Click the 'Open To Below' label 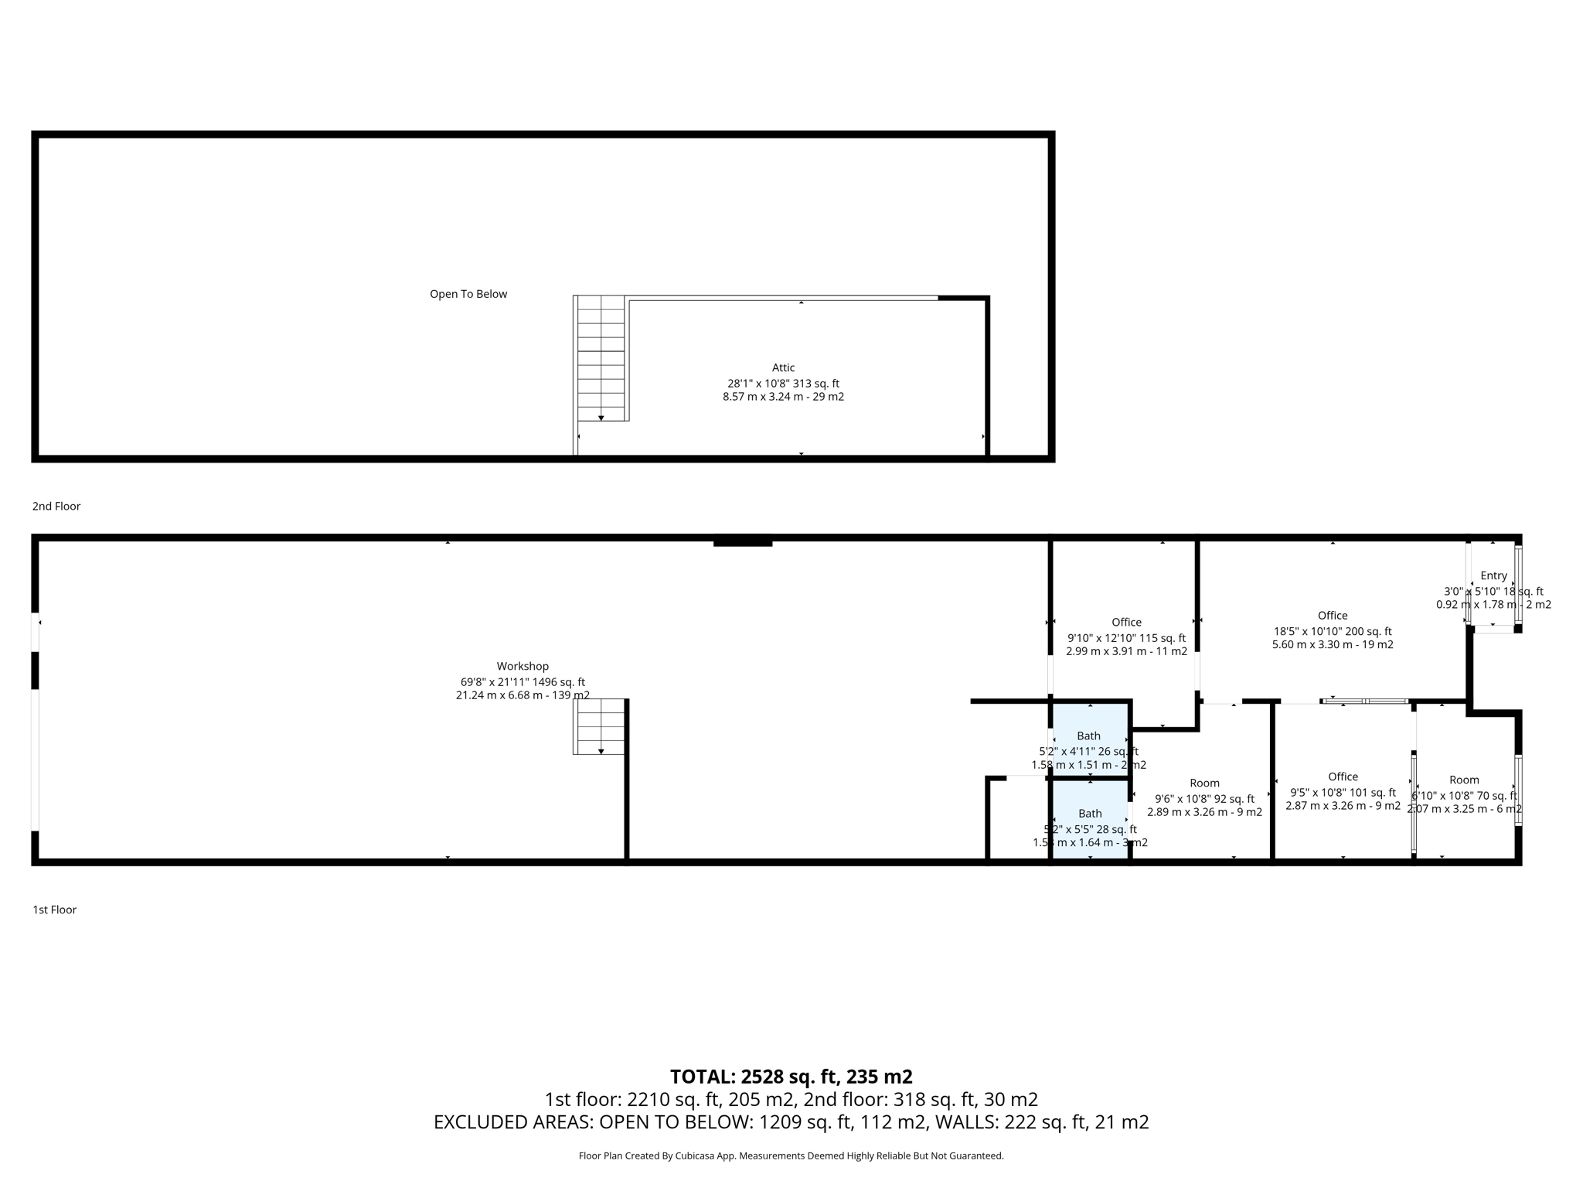coord(468,294)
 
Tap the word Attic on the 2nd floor coord(783,367)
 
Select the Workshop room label coord(523,666)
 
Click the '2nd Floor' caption coord(56,506)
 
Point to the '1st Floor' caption coord(55,910)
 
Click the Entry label coord(1493,575)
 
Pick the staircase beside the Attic coord(601,358)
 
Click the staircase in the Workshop coord(599,726)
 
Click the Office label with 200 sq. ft coord(1333,616)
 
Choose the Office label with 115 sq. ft coord(1126,623)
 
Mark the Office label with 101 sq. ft coord(1343,777)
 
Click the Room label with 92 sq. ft coord(1204,783)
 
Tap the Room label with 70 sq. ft coord(1464,780)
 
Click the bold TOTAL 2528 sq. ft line coord(791,1077)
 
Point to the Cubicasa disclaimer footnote coord(791,1156)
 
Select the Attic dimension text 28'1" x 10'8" coord(783,384)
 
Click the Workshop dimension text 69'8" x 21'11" coord(523,682)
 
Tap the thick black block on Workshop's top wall coord(743,542)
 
